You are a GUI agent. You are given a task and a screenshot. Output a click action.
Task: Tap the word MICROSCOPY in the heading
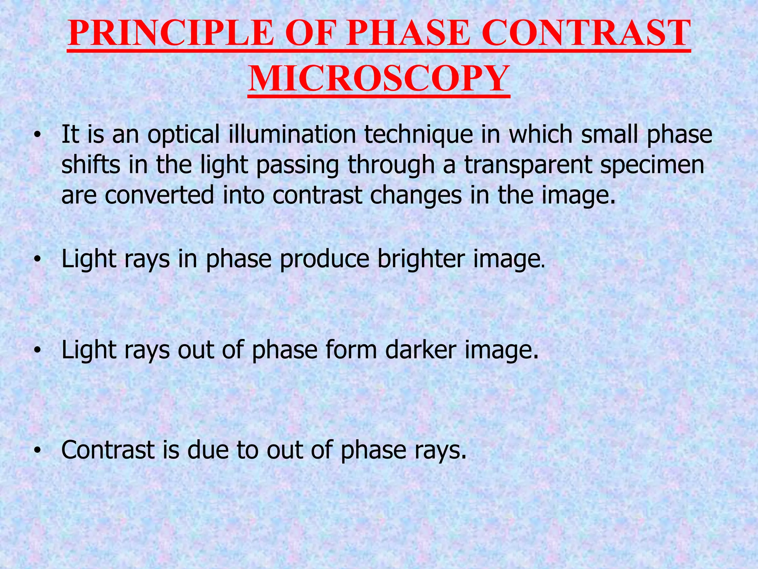[x=379, y=79]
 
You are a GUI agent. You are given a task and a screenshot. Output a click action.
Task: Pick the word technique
[x=419, y=135]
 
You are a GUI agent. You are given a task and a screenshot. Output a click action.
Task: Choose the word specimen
[x=652, y=166]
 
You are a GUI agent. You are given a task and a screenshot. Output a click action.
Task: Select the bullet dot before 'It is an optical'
[x=36, y=136]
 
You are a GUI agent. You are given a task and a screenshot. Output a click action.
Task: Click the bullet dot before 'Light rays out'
[x=36, y=351]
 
